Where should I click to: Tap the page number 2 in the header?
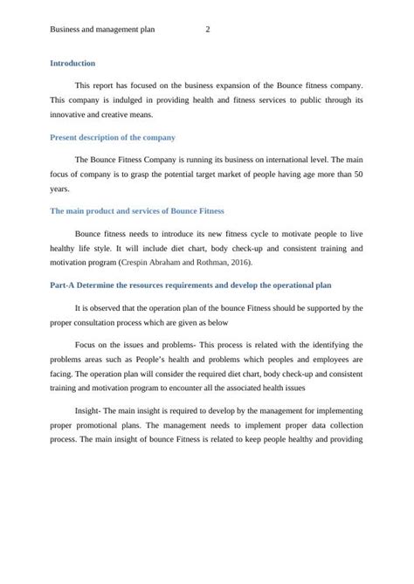tap(207, 30)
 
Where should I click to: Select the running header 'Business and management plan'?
tap(102, 30)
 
